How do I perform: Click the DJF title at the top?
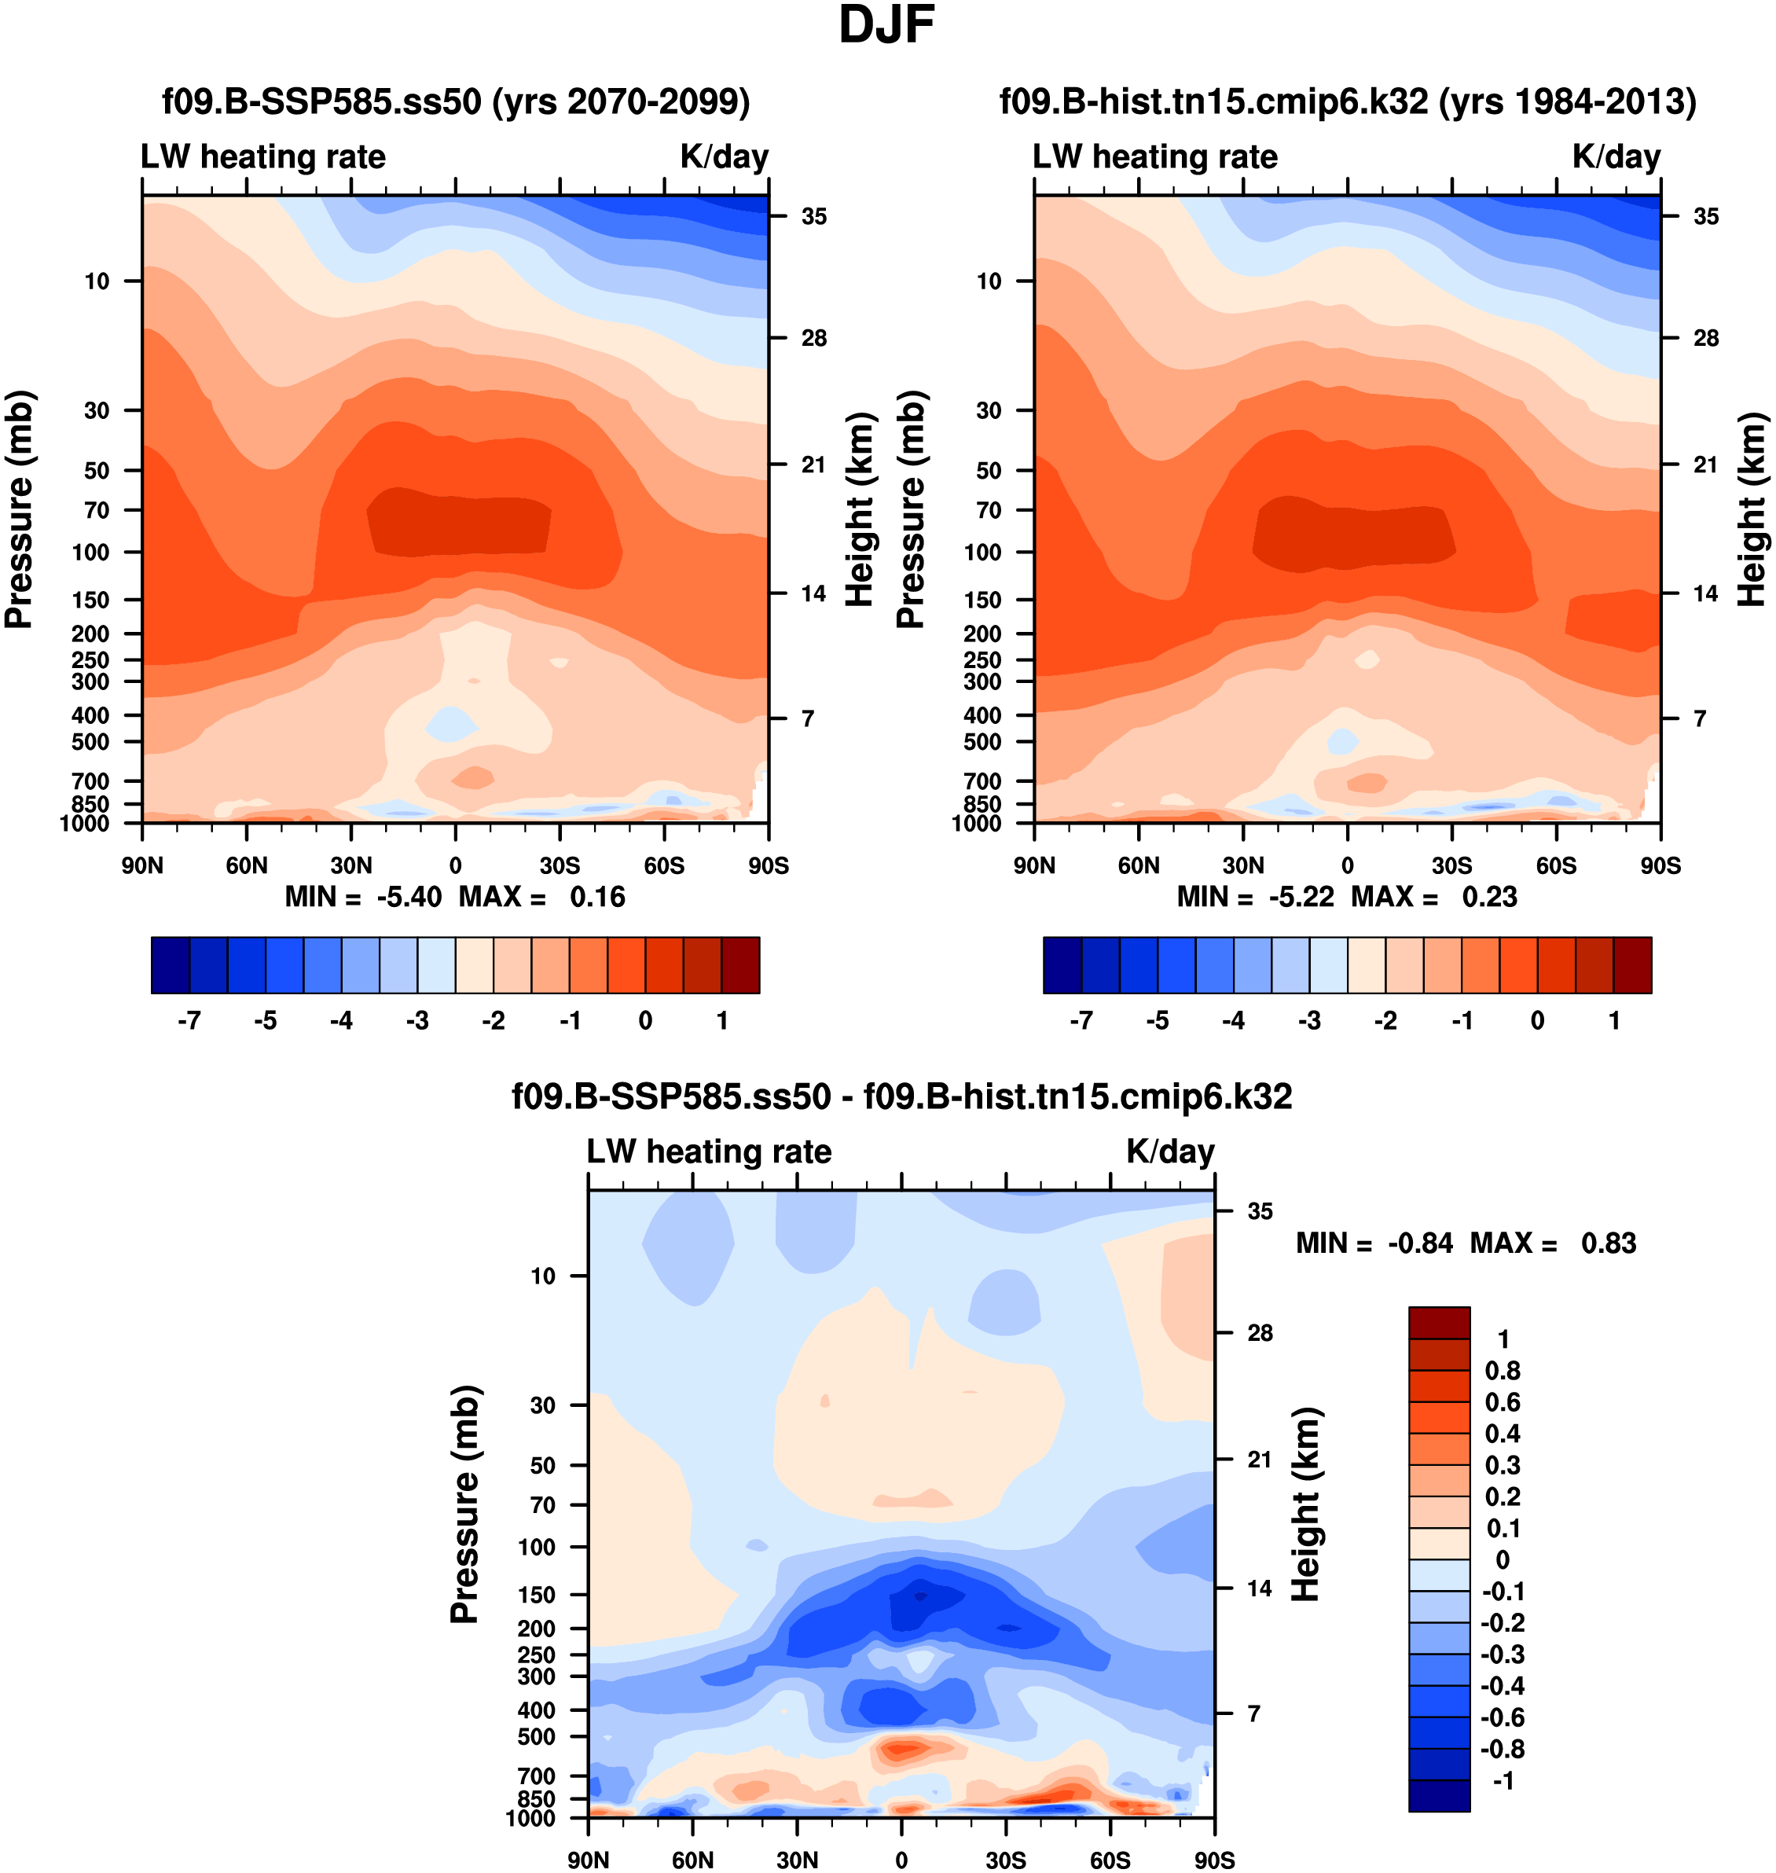886,26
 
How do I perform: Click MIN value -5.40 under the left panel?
409,897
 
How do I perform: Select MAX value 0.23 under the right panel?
1489,897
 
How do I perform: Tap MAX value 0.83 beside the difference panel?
1609,1243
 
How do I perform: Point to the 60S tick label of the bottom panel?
1110,1860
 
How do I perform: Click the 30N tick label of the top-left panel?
351,865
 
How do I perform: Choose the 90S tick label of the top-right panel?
1660,865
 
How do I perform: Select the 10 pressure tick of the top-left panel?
97,281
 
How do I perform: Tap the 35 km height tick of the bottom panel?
1259,1211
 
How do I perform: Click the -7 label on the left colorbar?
189,1021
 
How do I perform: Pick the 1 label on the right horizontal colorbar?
1614,1021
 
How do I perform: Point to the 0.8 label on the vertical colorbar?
1503,1371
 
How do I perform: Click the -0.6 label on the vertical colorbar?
1503,1717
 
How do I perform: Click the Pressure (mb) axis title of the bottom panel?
465,1504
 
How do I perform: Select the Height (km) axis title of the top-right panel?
1752,509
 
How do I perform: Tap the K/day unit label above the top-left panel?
725,156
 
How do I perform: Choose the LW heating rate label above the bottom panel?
709,1151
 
